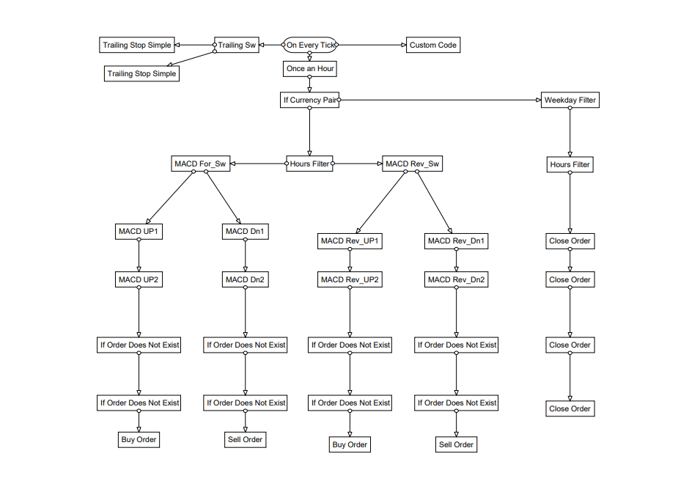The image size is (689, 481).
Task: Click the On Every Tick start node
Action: [310, 45]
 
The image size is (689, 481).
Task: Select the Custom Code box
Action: [432, 45]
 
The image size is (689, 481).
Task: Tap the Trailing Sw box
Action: [237, 45]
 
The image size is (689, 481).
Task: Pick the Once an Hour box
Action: [310, 68]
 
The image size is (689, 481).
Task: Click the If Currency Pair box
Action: [310, 100]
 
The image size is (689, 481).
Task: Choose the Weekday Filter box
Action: [570, 100]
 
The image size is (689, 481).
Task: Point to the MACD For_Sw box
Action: [200, 164]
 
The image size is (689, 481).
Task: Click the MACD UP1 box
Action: [139, 232]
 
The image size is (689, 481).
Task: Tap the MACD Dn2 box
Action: [245, 279]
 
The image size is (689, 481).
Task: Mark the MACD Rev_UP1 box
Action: [350, 240]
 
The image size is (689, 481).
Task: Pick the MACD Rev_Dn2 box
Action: [457, 279]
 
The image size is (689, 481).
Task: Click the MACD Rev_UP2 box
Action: [350, 279]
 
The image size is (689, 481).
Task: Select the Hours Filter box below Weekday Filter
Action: [570, 164]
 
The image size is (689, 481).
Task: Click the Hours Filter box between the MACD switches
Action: [310, 164]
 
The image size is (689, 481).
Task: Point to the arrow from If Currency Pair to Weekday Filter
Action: [440, 100]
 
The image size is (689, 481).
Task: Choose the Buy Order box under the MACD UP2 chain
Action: [139, 439]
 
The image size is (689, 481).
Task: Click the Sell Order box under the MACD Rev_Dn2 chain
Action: [457, 444]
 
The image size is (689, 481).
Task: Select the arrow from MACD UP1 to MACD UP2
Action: [139, 255]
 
